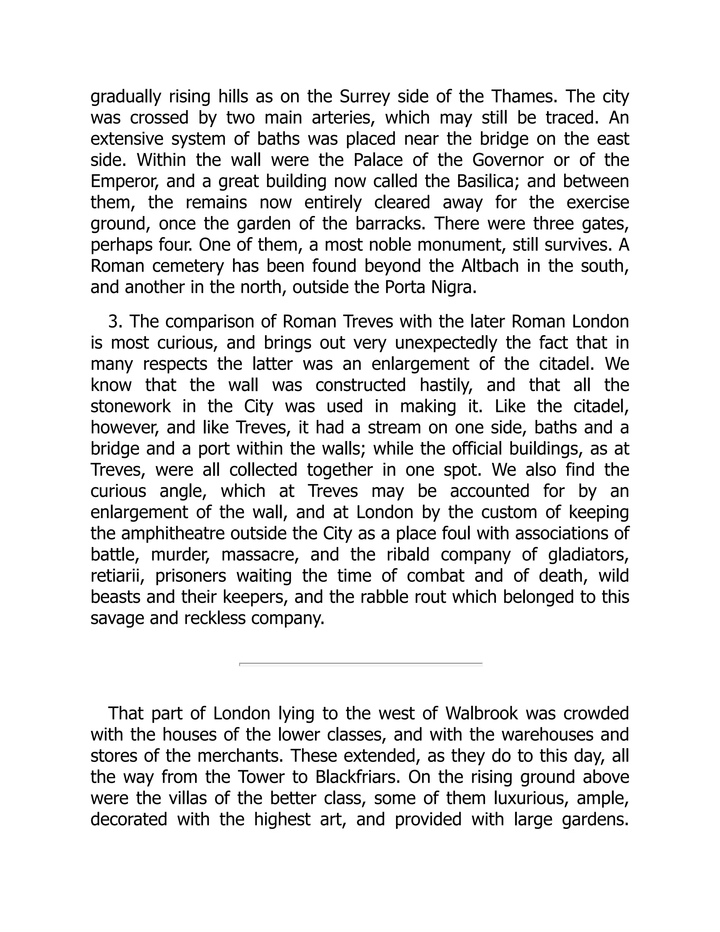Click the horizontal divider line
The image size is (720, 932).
360,664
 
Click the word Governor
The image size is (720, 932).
508,160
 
